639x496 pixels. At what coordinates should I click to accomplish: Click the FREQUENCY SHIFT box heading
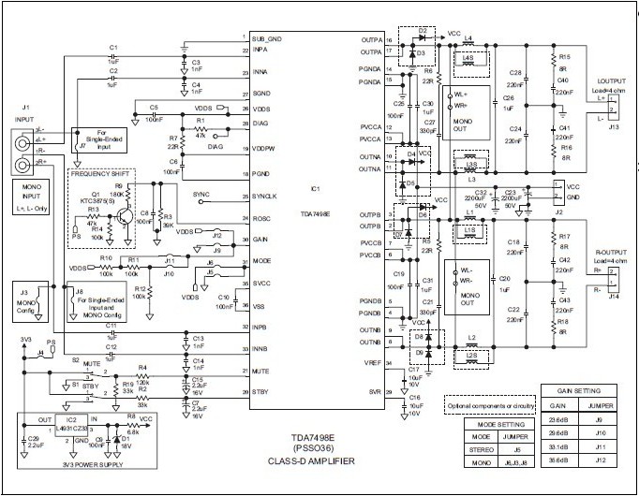[101, 176]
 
